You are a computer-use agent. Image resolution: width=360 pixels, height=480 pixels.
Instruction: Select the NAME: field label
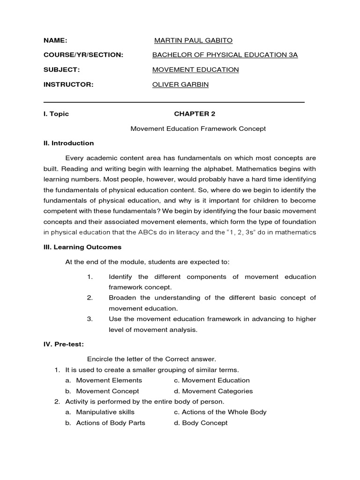(x=55, y=40)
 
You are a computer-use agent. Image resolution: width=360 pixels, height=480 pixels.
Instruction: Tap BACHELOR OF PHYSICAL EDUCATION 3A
(x=225, y=55)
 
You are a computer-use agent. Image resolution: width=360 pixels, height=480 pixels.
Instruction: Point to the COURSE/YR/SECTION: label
(x=83, y=55)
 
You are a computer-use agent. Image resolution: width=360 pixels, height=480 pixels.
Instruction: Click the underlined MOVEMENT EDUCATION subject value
(x=195, y=69)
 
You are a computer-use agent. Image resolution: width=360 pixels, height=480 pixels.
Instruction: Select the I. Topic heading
(x=56, y=114)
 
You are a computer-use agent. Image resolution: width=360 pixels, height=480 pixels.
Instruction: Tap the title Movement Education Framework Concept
(x=198, y=128)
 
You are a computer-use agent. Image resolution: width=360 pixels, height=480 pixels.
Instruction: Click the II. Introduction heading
(x=69, y=143)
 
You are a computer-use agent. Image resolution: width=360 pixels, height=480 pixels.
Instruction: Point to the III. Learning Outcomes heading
(x=82, y=247)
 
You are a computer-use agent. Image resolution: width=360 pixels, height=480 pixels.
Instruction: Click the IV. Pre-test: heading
(x=64, y=345)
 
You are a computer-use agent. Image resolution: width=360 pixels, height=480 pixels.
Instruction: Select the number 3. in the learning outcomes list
(x=90, y=319)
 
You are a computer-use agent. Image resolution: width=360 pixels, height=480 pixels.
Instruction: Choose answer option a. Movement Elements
(x=104, y=380)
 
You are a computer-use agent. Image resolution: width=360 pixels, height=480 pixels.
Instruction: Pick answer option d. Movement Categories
(x=213, y=391)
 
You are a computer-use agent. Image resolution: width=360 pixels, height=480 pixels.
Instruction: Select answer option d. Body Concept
(x=200, y=423)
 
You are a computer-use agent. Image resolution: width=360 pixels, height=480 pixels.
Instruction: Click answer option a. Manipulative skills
(x=100, y=412)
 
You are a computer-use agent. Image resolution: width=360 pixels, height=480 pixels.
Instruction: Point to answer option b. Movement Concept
(x=102, y=391)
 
